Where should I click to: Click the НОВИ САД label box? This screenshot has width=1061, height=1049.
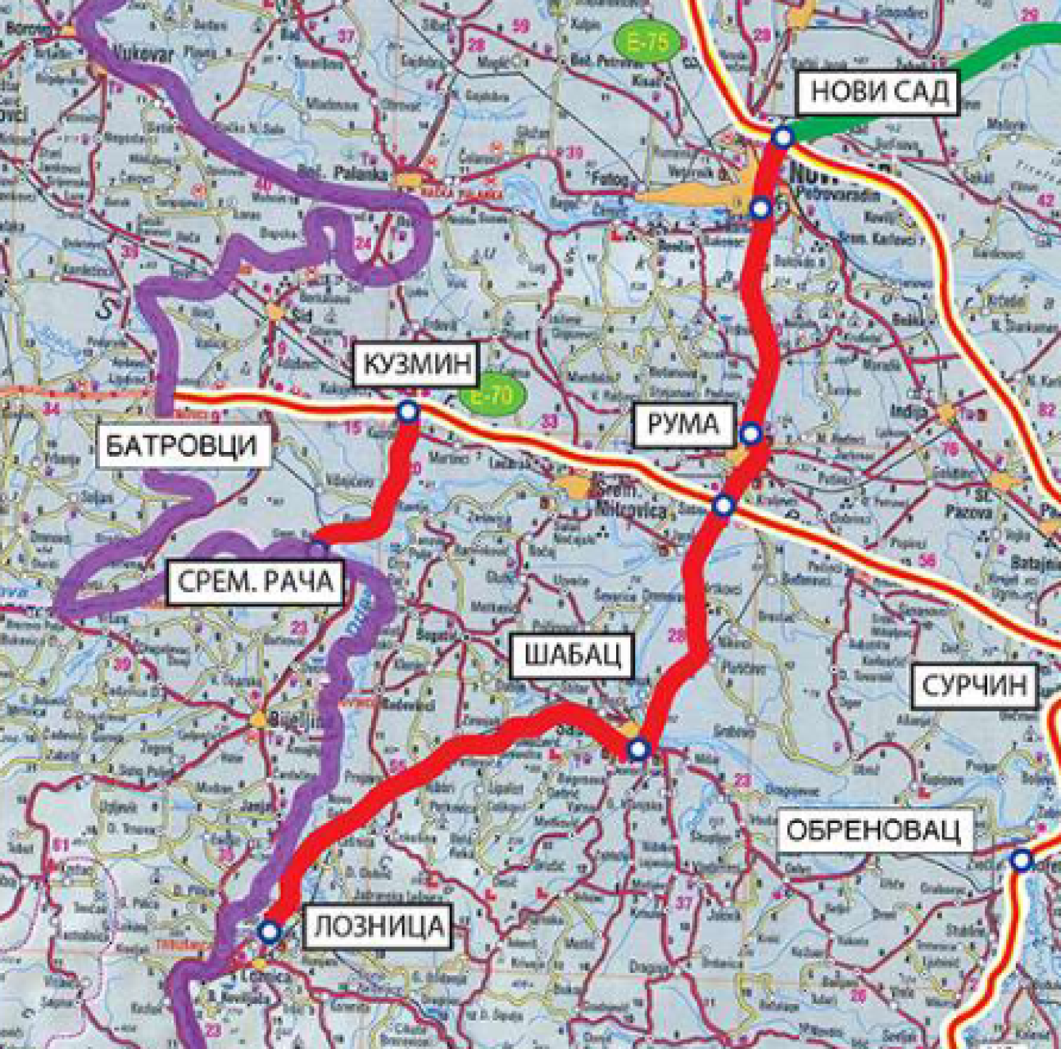tap(879, 92)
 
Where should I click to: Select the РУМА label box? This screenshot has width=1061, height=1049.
tap(683, 425)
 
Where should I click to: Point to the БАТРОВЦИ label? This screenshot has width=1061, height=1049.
tap(181, 446)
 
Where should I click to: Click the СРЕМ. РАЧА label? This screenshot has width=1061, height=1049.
tap(255, 582)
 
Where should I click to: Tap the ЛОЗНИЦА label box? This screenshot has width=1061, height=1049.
tap(379, 926)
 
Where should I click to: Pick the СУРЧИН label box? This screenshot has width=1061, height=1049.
tap(975, 685)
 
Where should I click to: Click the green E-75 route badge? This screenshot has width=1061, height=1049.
tap(648, 43)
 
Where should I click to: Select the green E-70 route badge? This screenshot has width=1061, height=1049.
tap(492, 395)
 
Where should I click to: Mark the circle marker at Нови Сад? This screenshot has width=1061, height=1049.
tap(782, 137)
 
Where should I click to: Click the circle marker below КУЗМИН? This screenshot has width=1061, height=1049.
tap(408, 412)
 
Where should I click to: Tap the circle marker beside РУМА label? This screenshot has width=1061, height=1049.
tap(750, 433)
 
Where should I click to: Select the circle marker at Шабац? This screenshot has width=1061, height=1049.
tap(638, 749)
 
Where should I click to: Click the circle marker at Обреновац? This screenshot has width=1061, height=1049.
tap(1021, 859)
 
